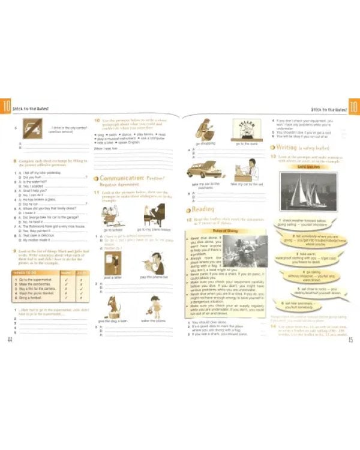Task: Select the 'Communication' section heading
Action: (x=123, y=179)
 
